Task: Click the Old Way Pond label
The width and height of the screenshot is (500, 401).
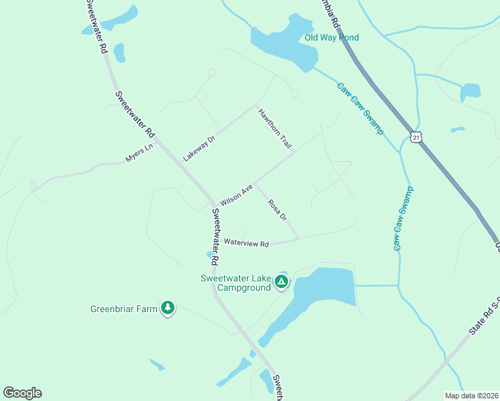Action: click(332, 37)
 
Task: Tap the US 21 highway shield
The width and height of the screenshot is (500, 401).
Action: click(416, 136)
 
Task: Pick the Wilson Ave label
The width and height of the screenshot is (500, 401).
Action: click(236, 194)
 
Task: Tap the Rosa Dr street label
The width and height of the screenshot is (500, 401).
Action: click(277, 210)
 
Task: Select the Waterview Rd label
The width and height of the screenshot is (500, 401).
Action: click(246, 244)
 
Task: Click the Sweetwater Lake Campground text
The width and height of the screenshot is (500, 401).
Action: click(235, 283)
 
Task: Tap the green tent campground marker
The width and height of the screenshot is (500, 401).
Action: click(281, 282)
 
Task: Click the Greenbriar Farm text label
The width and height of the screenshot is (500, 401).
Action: click(124, 309)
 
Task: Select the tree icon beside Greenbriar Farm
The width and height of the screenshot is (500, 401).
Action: click(168, 307)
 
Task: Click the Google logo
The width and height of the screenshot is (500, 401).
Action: click(22, 393)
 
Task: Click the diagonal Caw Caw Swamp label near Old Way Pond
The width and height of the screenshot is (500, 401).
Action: click(360, 108)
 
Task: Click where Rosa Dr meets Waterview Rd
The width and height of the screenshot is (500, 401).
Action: click(298, 239)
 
